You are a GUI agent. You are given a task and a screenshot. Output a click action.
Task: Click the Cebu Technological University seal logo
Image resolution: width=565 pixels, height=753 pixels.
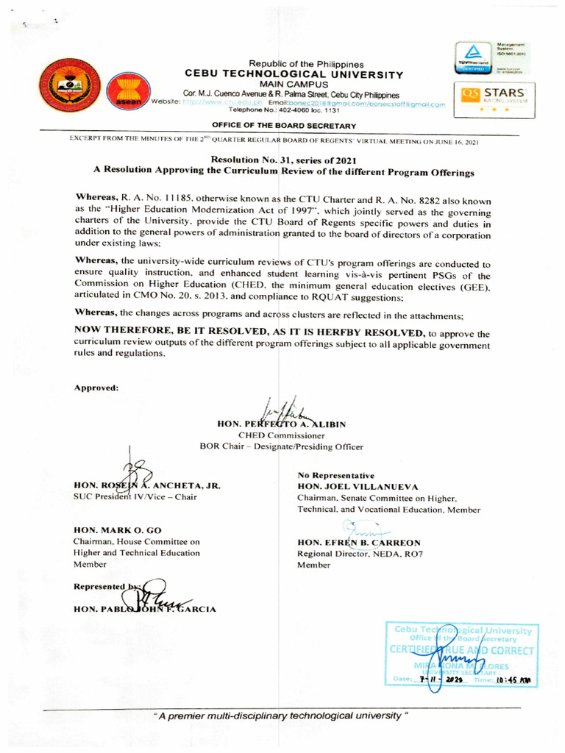pyautogui.click(x=70, y=85)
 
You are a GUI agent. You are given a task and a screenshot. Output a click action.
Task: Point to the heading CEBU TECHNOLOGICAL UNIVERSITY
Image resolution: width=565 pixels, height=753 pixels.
pyautogui.click(x=294, y=74)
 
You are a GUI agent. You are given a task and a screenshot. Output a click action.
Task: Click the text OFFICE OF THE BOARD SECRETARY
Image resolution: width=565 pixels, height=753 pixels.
pyautogui.click(x=284, y=126)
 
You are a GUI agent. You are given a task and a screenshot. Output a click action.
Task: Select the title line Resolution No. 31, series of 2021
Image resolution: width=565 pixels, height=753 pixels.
pyautogui.click(x=283, y=160)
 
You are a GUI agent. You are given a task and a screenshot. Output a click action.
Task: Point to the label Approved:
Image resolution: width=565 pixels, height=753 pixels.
pyautogui.click(x=96, y=388)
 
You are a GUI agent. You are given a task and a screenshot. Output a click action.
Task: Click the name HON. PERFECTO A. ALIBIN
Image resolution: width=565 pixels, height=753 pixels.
pyautogui.click(x=282, y=424)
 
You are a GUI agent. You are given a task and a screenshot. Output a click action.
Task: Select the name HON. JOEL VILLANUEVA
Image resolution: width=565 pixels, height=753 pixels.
pyautogui.click(x=358, y=487)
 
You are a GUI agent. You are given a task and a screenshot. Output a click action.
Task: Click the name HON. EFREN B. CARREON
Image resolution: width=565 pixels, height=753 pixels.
pyautogui.click(x=359, y=543)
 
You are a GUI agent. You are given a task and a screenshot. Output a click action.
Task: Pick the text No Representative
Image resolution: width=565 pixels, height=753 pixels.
pyautogui.click(x=335, y=476)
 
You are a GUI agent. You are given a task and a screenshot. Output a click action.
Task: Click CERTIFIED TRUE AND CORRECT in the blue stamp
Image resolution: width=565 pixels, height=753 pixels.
pyautogui.click(x=460, y=651)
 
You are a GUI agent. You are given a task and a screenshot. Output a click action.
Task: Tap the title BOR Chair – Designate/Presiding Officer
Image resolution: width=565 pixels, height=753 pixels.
pyautogui.click(x=281, y=446)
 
